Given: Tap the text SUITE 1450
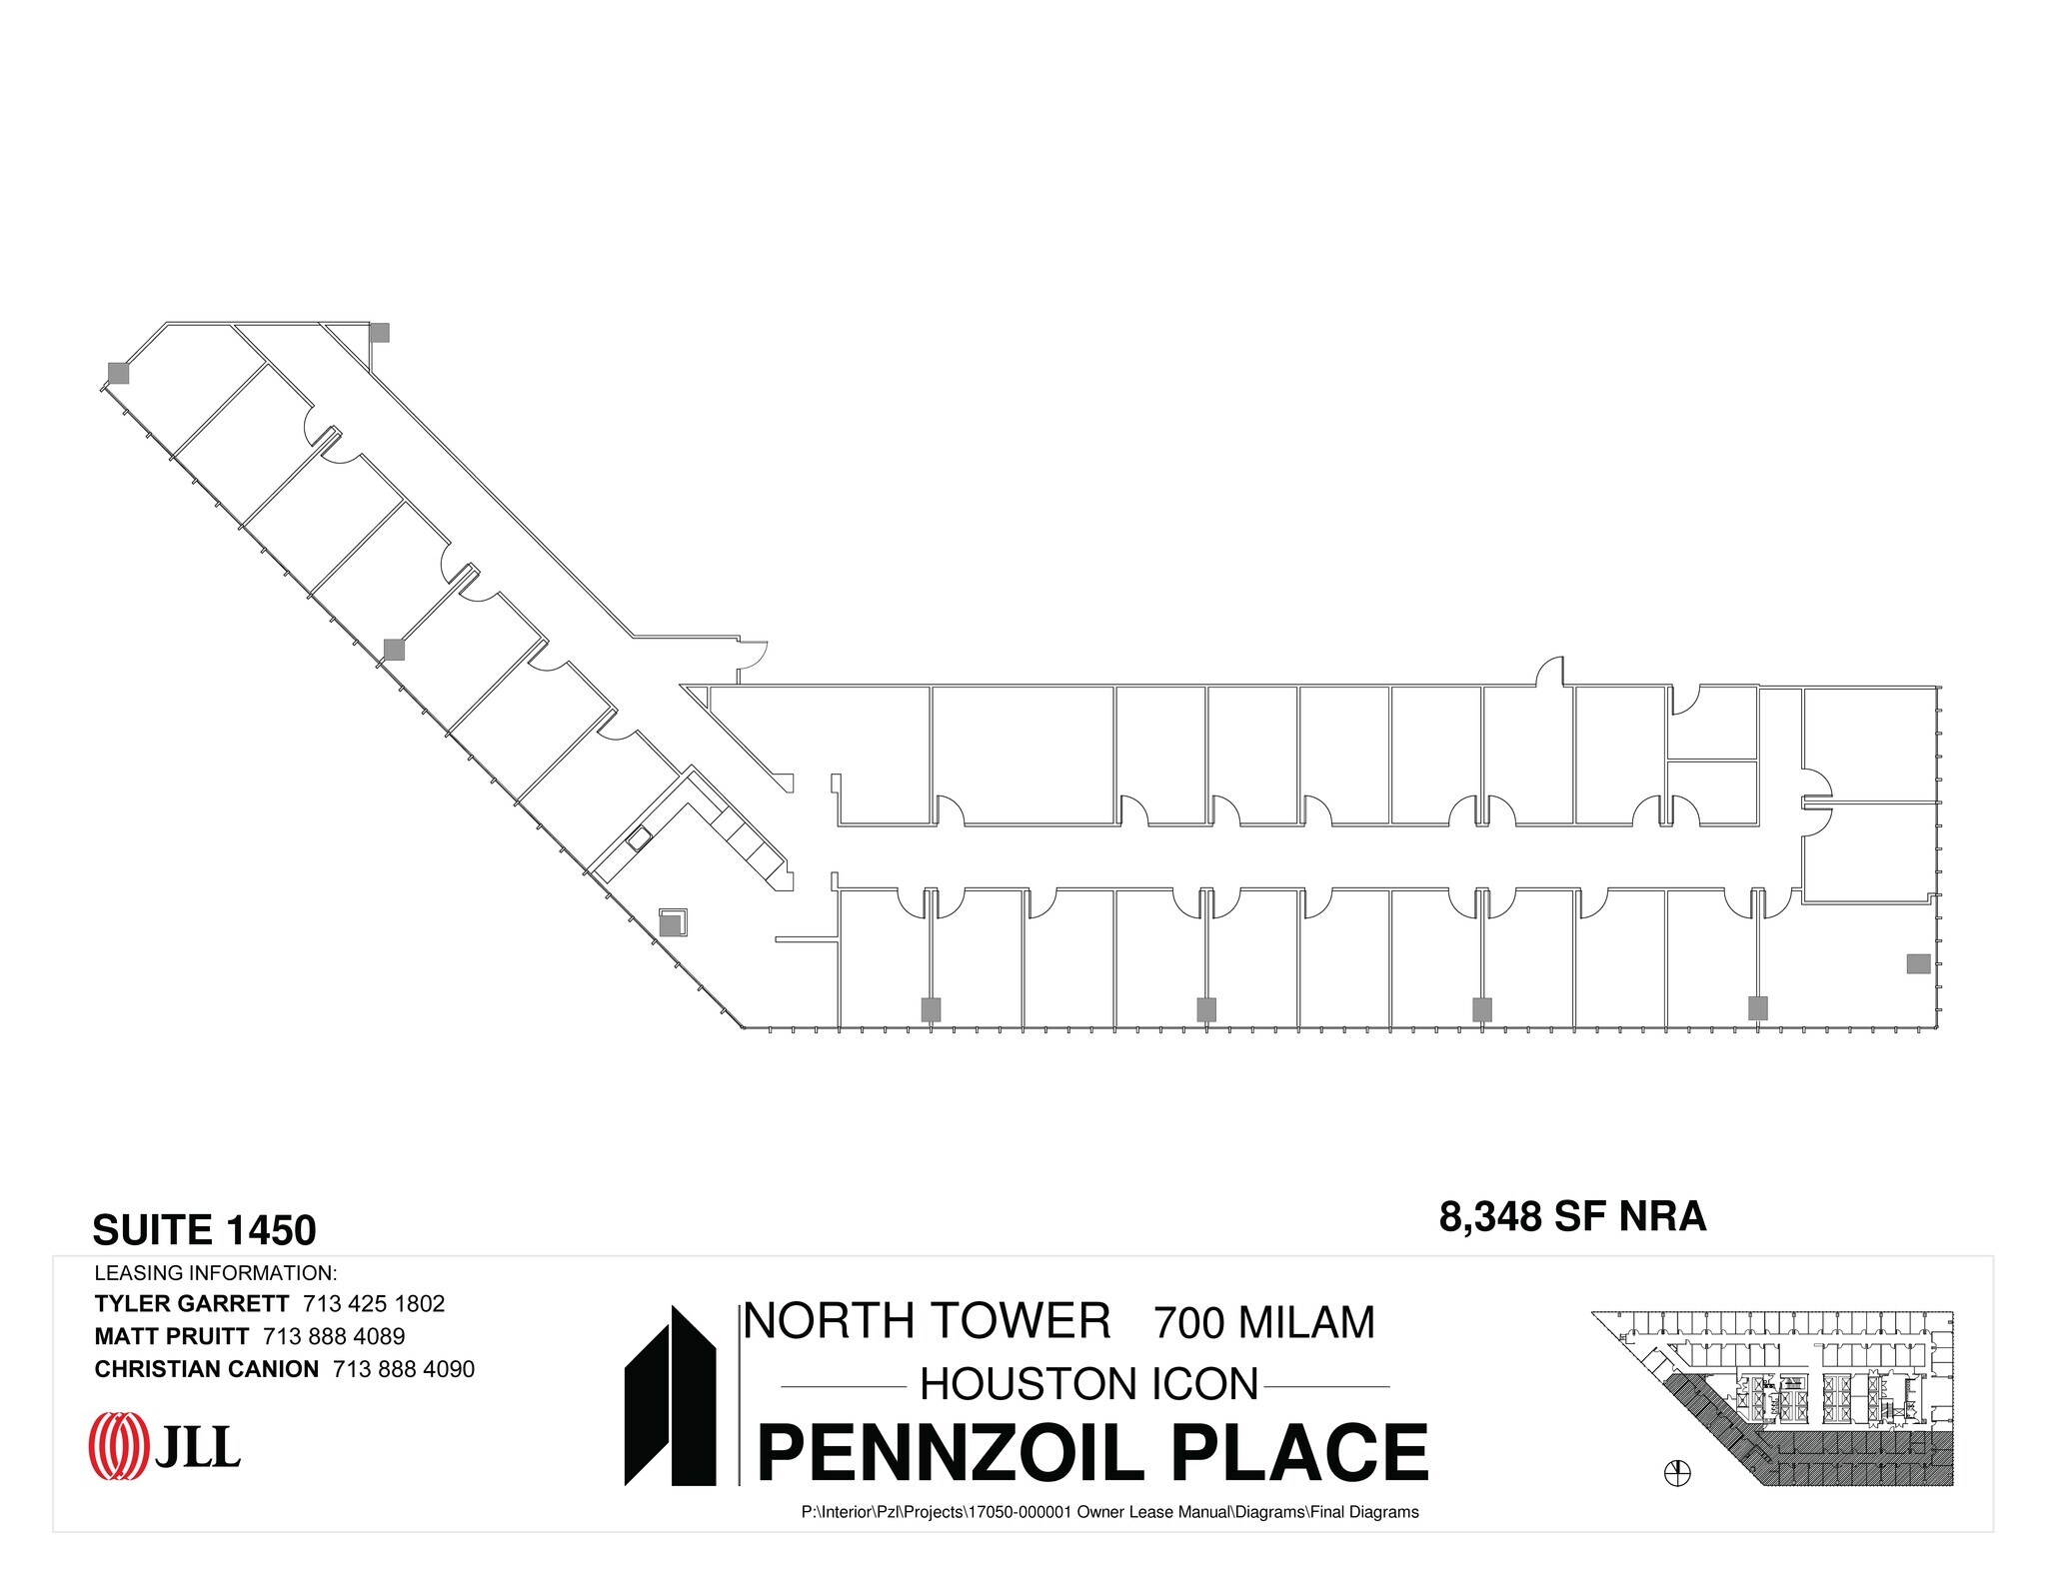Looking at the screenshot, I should pyautogui.click(x=204, y=1230).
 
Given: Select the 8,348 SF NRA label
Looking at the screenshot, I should pyautogui.click(x=1572, y=1216).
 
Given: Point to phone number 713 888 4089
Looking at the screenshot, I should pyautogui.click(x=334, y=1336).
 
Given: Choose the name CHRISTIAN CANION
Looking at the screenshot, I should pyautogui.click(x=207, y=1369).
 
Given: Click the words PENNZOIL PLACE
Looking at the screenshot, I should pyautogui.click(x=1093, y=1452).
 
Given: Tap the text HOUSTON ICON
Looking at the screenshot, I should pyautogui.click(x=1088, y=1384).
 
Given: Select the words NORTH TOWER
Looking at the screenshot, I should pyautogui.click(x=928, y=1321).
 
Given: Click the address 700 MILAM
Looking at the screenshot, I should pyautogui.click(x=1264, y=1323).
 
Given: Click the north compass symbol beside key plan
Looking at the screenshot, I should pyautogui.click(x=1678, y=1471).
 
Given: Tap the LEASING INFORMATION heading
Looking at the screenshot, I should pyautogui.click(x=215, y=1273).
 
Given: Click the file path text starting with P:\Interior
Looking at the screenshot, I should pyautogui.click(x=1109, y=1512).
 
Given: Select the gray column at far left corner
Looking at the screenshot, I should pyautogui.click(x=119, y=374).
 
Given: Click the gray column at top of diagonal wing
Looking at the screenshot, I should pyautogui.click(x=379, y=332).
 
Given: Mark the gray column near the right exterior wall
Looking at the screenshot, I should pyautogui.click(x=1918, y=963).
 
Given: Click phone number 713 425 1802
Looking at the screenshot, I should pyautogui.click(x=373, y=1304).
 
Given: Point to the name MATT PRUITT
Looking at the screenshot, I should pyautogui.click(x=172, y=1336).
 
